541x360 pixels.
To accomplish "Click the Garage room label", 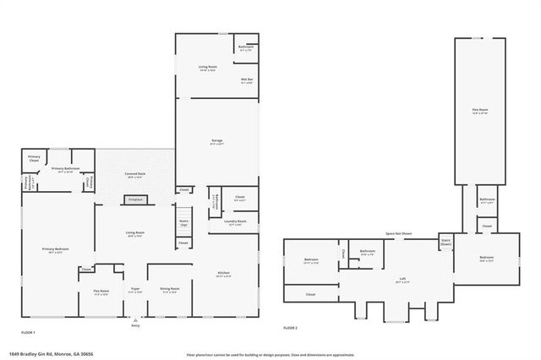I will [x=217, y=142].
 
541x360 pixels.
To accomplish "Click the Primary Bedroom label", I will [x=56, y=250].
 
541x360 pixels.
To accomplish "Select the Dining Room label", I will [x=168, y=290].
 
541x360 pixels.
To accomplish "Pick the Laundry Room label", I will [x=236, y=222].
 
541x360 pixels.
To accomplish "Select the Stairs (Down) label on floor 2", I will [x=445, y=242].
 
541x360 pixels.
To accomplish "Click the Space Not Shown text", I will [x=399, y=233].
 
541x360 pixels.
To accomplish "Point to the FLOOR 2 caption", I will [x=291, y=327].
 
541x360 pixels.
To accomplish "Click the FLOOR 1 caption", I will [x=29, y=333].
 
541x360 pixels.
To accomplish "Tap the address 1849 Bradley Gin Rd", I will [x=51, y=353].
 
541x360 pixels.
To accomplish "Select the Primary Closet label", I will [x=34, y=158].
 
